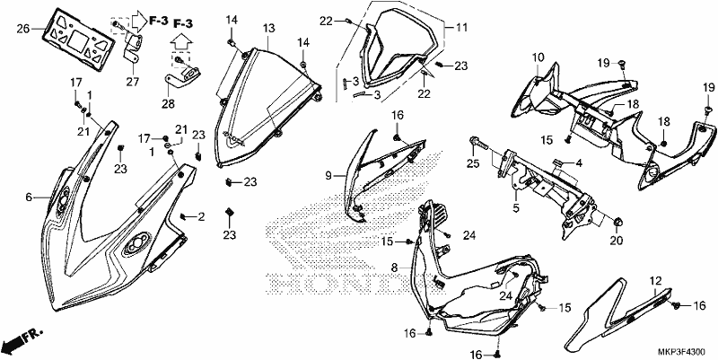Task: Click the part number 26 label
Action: pos(23,30)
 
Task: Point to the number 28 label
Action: pos(168,104)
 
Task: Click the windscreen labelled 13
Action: pos(267,105)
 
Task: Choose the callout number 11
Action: pos(461,28)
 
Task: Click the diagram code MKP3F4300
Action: pos(680,352)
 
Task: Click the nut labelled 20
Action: pos(617,223)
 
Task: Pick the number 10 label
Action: pos(538,57)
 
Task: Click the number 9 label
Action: pos(328,175)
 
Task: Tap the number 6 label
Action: pos(29,198)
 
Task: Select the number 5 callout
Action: pos(516,209)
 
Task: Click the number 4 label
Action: pos(579,163)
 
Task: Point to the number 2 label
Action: pos(201,216)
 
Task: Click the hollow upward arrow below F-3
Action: pos(182,43)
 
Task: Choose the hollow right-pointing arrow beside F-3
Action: pos(138,21)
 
